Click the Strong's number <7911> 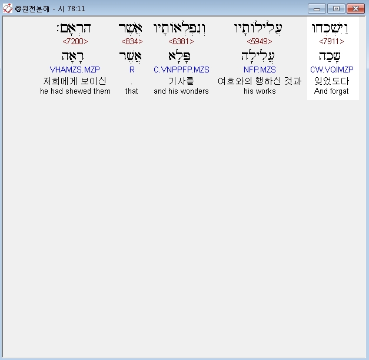[331, 42]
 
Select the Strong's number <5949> [259, 42]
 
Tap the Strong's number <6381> [181, 42]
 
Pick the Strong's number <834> [132, 42]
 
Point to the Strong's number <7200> [75, 42]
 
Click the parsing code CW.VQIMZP [331, 70]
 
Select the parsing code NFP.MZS [260, 70]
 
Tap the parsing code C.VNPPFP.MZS [181, 70]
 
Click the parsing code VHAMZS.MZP [75, 70]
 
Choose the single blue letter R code [132, 70]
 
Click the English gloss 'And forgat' [331, 91]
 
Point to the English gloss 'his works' [260, 91]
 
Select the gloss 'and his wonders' [181, 91]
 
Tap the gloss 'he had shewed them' [75, 91]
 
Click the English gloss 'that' [132, 91]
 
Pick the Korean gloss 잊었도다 [331, 81]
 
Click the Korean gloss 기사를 [181, 81]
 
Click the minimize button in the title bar [318, 9]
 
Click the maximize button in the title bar [335, 9]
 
